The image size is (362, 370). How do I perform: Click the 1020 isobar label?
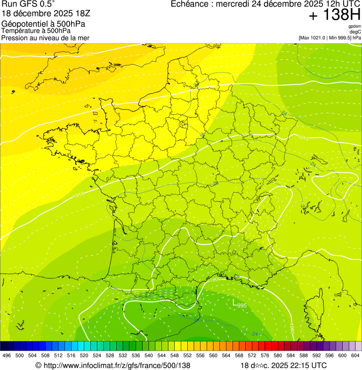[x=88, y=55]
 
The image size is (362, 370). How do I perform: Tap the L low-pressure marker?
[x=234, y=304]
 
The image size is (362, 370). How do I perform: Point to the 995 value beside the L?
[x=241, y=306]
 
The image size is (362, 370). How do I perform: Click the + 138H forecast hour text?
[x=334, y=15]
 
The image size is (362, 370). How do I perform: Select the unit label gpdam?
[x=354, y=26]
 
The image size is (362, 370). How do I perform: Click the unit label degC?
[x=355, y=32]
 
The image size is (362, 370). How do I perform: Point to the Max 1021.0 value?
[x=313, y=38]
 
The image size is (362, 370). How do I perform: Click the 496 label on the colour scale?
[x=7, y=356]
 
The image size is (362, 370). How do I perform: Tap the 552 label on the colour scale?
[x=187, y=356]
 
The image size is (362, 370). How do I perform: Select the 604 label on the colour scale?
[x=355, y=356]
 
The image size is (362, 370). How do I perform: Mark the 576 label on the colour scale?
[x=265, y=356]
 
